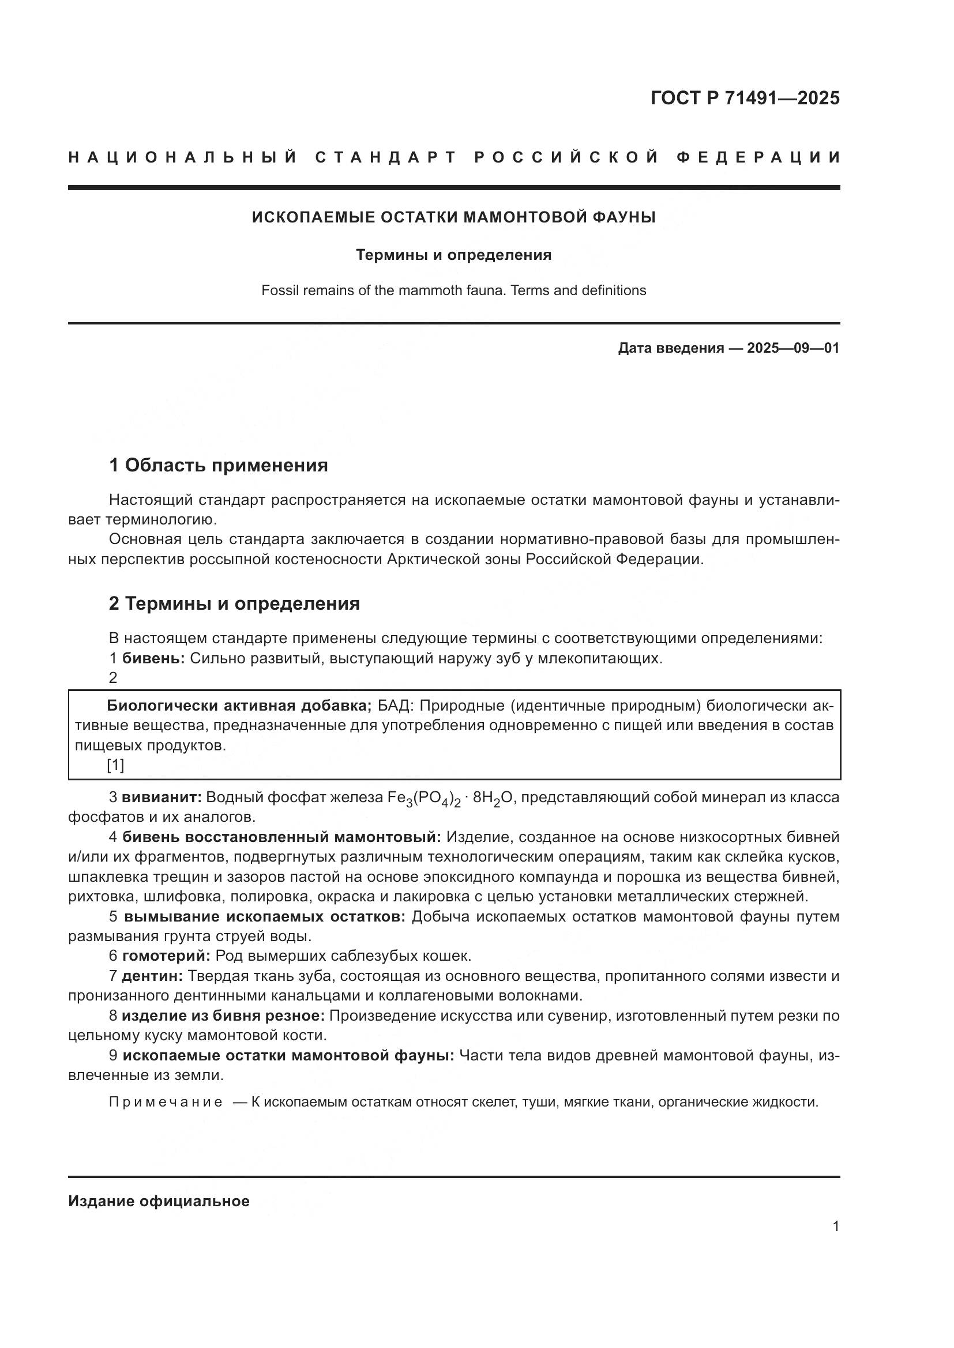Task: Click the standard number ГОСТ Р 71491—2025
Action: tap(745, 98)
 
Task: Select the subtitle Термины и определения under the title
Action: tap(453, 255)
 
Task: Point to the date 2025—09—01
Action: tap(793, 348)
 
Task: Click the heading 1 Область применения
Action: tap(218, 466)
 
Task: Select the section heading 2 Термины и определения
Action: tap(234, 603)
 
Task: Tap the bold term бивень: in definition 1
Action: tap(153, 659)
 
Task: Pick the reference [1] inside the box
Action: tap(115, 765)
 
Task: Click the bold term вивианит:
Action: tap(161, 797)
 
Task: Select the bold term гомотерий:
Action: tap(166, 956)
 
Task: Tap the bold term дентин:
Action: tap(152, 976)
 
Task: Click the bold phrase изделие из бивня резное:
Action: tap(223, 1015)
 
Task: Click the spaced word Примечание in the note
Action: tap(166, 1102)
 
